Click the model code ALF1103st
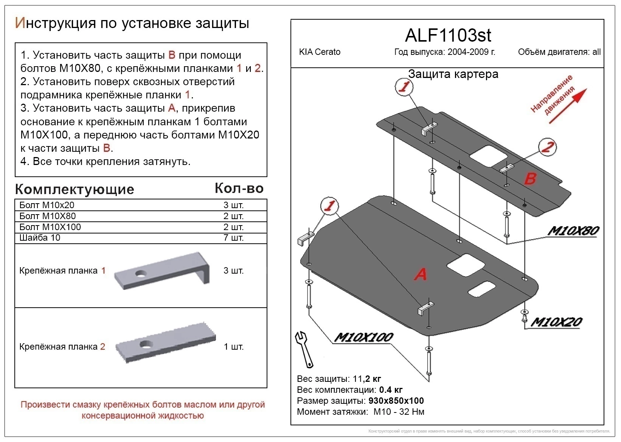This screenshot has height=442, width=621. [448, 36]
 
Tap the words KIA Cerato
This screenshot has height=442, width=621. [320, 52]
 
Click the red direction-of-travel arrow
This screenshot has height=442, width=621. [567, 106]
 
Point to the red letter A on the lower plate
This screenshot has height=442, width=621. [421, 274]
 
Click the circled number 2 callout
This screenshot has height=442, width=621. [547, 147]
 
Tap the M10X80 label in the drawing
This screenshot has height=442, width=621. [573, 230]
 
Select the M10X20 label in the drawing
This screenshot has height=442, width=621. [556, 322]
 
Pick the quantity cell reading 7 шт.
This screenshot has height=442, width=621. [233, 238]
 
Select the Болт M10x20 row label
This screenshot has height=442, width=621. [47, 205]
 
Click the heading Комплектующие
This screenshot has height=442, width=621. [75, 189]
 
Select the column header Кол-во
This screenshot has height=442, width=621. [239, 188]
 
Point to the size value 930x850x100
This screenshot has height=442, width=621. [396, 401]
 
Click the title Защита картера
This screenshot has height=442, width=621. [453, 74]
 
